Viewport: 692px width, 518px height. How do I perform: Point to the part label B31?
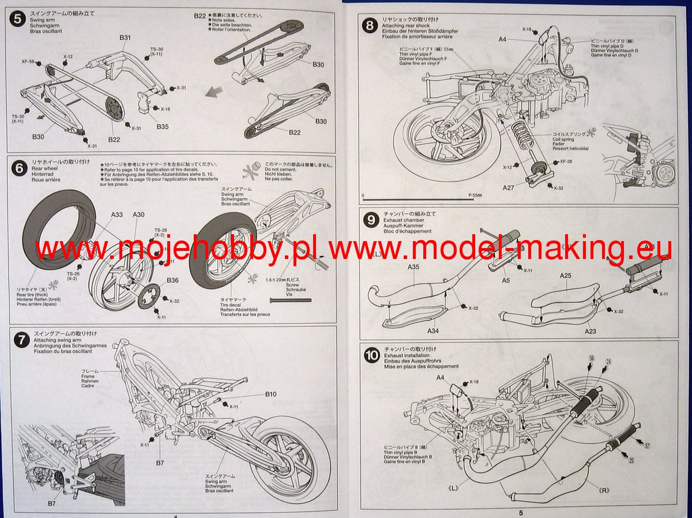[126, 37]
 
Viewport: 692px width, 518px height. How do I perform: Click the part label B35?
[163, 126]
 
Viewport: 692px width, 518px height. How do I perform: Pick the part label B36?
[172, 280]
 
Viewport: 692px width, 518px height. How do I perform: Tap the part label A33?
[117, 215]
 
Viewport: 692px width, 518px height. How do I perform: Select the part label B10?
[271, 394]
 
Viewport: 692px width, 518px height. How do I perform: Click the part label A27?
[508, 187]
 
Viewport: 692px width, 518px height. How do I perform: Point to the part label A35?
[413, 267]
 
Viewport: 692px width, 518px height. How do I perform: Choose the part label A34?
[433, 331]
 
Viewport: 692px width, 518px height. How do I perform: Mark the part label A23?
[590, 331]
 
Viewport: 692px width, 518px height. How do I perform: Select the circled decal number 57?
[647, 445]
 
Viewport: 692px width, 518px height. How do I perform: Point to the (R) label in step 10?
[604, 491]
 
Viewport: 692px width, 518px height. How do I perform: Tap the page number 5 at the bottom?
[520, 513]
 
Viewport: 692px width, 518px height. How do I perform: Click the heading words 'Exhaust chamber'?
[403, 220]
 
